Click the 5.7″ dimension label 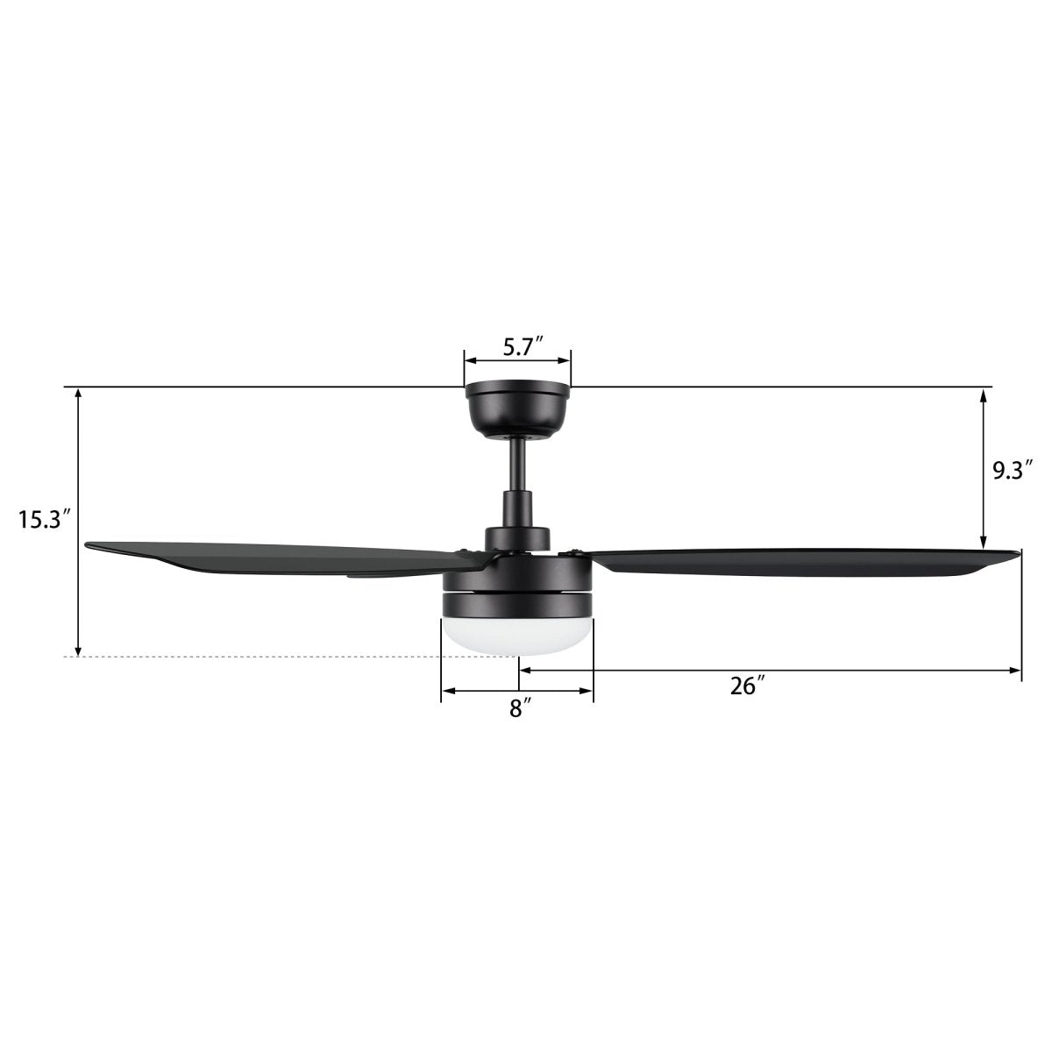click(x=517, y=347)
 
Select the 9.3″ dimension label click(x=1007, y=471)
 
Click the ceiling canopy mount click(x=517, y=409)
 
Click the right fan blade click(x=789, y=562)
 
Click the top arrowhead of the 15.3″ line click(x=79, y=394)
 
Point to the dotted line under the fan click(x=263, y=657)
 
